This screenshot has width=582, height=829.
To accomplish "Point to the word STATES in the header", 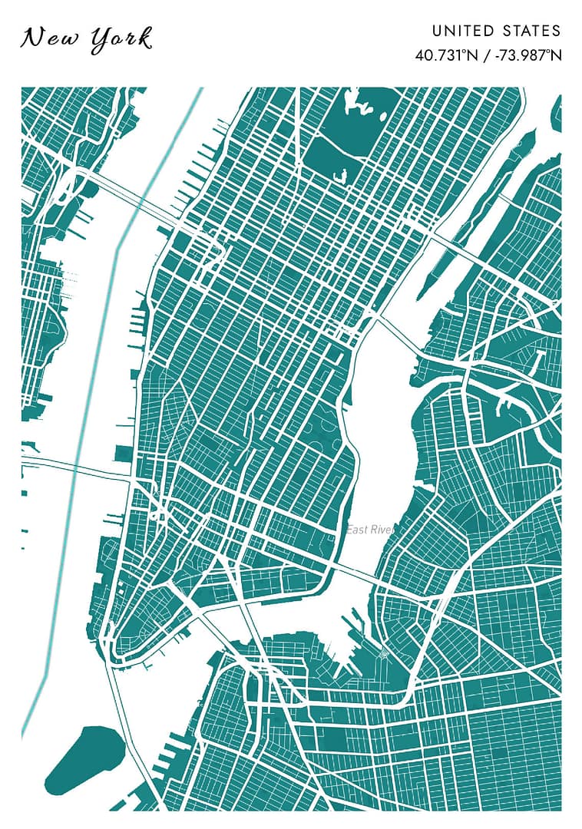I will pos(532,31).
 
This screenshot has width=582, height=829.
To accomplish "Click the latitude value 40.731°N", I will pos(444,55).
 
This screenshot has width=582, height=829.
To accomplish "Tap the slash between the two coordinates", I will pos(484,55).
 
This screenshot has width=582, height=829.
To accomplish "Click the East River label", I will pos(369,530).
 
